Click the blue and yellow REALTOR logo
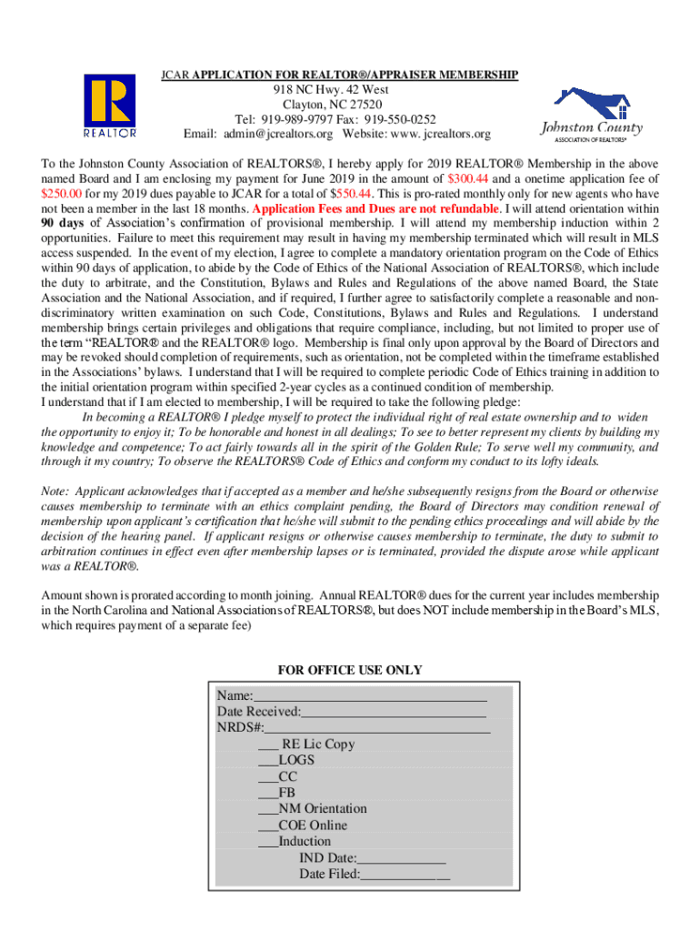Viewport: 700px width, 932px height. point(110,106)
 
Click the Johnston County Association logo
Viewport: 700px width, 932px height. point(591,116)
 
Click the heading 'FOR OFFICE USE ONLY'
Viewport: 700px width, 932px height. point(350,670)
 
